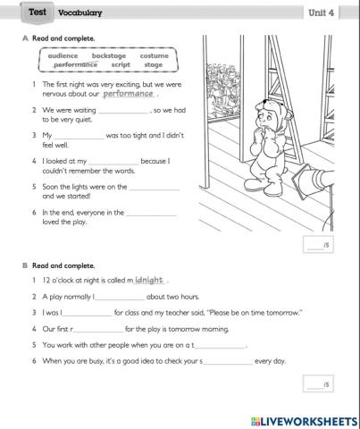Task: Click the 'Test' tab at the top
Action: tap(38, 12)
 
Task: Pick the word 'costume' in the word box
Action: tap(154, 55)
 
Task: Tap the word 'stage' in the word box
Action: tap(154, 65)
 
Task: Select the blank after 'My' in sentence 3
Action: tap(79, 136)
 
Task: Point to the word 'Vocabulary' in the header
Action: tap(80, 13)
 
